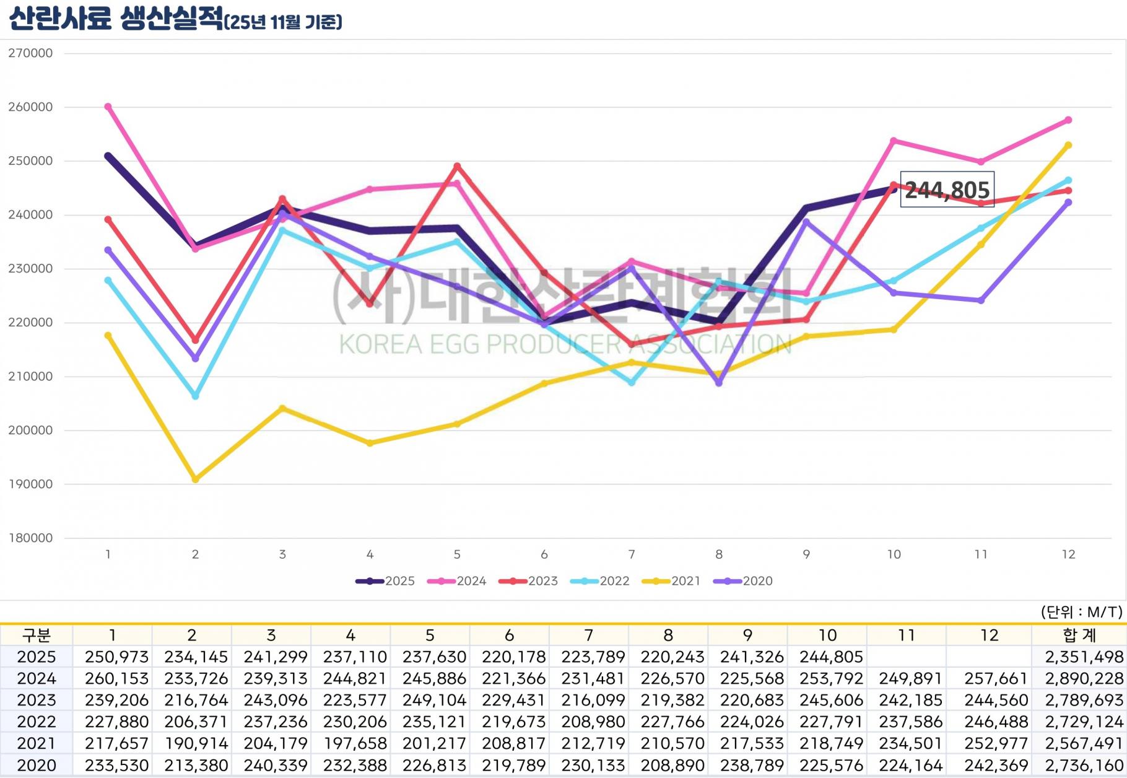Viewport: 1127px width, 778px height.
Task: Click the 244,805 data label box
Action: pyautogui.click(x=947, y=189)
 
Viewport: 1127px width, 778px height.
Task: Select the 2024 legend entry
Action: pyautogui.click(x=458, y=581)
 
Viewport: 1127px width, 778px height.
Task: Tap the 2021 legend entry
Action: pyautogui.click(x=672, y=581)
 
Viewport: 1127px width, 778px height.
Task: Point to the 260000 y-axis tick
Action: pyautogui.click(x=30, y=107)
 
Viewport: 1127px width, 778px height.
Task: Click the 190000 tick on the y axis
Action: pyautogui.click(x=30, y=484)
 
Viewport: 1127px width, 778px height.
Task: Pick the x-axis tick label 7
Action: pyautogui.click(x=632, y=554)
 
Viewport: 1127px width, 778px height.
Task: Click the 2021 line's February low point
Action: pyautogui.click(x=196, y=479)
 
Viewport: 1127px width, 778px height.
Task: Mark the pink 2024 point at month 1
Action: pyautogui.click(x=108, y=107)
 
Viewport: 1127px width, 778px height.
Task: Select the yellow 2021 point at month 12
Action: pyautogui.click(x=1068, y=146)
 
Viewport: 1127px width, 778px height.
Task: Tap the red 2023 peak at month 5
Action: pyautogui.click(x=457, y=166)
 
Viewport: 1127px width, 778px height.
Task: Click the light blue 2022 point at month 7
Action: pyautogui.click(x=632, y=383)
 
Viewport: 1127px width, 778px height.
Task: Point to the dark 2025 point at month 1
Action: pyautogui.click(x=108, y=156)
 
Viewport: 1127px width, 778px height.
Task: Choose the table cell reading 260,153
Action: pyautogui.click(x=116, y=679)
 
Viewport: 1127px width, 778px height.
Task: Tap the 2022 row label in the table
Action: pyautogui.click(x=37, y=722)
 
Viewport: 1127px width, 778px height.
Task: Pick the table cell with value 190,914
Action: pyautogui.click(x=196, y=744)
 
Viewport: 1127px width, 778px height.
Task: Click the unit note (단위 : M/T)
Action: pyautogui.click(x=1081, y=612)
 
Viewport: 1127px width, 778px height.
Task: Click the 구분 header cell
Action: pyautogui.click(x=37, y=636)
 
